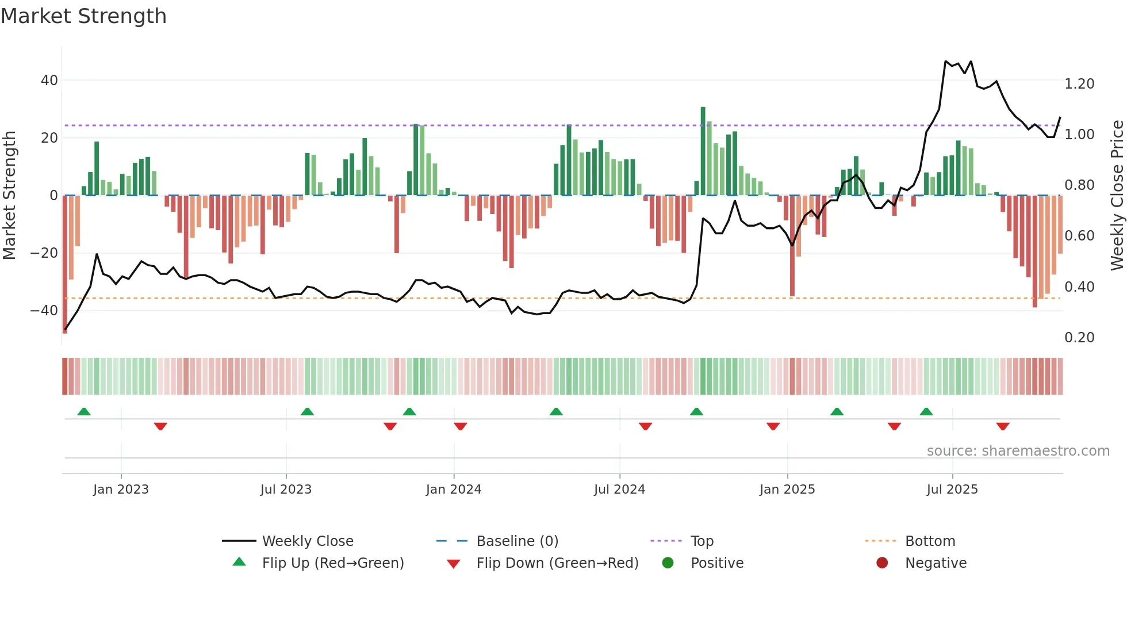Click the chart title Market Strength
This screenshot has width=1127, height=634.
[x=83, y=16]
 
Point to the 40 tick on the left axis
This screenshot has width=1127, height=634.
[x=49, y=81]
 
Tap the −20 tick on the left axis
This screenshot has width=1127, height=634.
[x=44, y=253]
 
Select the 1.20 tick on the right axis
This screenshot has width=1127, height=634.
[x=1079, y=84]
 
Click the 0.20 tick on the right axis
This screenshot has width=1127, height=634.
[x=1079, y=338]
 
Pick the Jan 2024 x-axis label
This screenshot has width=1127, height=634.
[x=453, y=490]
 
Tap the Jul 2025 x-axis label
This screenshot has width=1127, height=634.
[x=952, y=490]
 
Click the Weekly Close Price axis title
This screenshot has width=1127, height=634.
[x=1117, y=195]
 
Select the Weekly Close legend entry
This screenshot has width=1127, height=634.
[x=307, y=541]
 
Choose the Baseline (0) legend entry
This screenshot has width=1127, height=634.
[x=517, y=541]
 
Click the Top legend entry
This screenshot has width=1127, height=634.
[x=701, y=541]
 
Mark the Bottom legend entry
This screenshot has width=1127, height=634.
[x=930, y=541]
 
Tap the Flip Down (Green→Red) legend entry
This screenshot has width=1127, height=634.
[x=557, y=563]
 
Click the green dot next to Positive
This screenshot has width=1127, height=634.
[x=668, y=563]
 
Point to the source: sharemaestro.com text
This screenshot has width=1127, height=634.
[x=1018, y=451]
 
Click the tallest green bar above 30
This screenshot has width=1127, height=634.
[x=703, y=150]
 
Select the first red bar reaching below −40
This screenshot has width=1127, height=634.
[x=65, y=265]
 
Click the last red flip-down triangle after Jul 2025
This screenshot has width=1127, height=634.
[x=1003, y=426]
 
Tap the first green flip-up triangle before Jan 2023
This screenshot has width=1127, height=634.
[x=84, y=411]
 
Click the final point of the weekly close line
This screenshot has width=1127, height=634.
[x=1060, y=117]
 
